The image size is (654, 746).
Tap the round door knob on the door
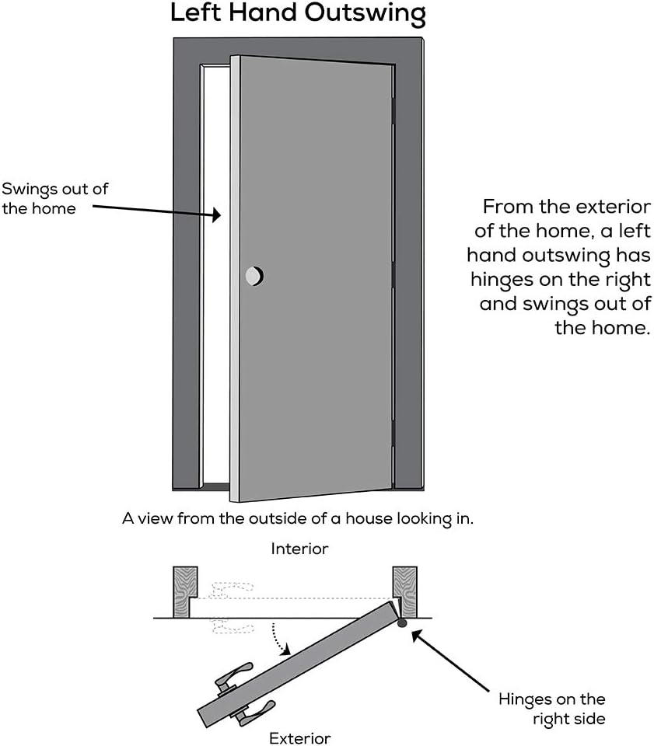click(254, 275)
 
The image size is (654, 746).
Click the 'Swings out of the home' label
click(54, 198)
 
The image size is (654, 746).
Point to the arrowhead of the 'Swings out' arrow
click(219, 214)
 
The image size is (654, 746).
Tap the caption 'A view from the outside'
click(297, 518)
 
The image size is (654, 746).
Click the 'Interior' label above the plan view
click(299, 549)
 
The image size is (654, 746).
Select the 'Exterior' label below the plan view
click(300, 737)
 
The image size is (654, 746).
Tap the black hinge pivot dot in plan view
click(401, 622)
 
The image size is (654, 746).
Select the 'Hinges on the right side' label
click(551, 709)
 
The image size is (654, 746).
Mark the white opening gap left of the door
click(216, 272)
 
